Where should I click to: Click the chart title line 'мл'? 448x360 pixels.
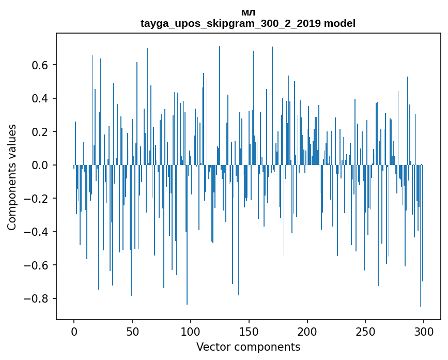pyautogui.click(x=248, y=12)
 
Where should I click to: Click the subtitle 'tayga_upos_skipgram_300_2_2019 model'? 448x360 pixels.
pyautogui.click(x=248, y=24)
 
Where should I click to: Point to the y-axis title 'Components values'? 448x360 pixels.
pyautogui.click(x=12, y=177)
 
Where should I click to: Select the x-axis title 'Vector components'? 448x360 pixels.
pyautogui.click(x=248, y=347)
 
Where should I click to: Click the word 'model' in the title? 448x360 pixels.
pyautogui.click(x=341, y=24)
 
